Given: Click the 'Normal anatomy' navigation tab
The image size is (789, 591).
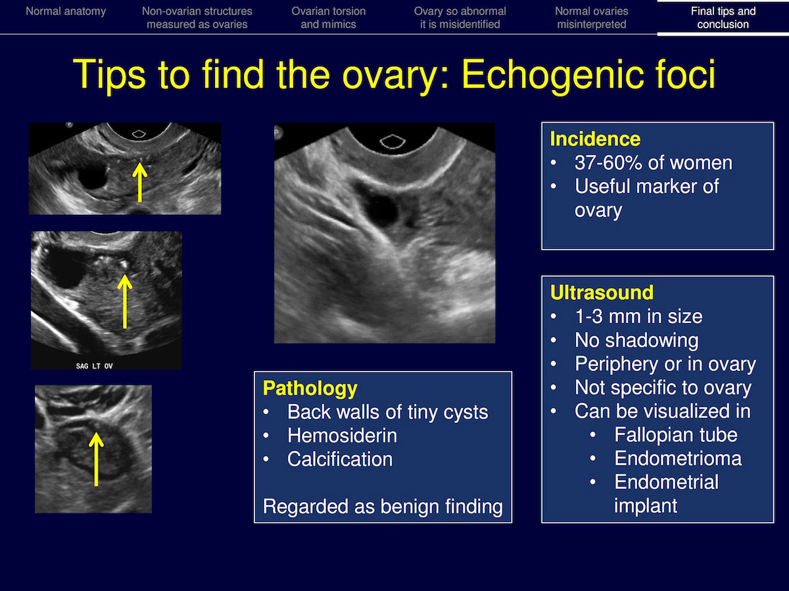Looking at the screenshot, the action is [66, 11].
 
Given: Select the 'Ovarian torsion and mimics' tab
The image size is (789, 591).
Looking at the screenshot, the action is [329, 18].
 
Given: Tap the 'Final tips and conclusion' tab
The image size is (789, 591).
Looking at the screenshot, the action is [723, 18].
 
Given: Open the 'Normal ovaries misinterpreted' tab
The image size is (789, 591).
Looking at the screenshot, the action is [592, 18].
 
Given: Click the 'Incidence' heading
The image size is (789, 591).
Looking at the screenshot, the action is [595, 139].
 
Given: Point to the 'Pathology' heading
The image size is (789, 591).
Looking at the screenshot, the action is [310, 389].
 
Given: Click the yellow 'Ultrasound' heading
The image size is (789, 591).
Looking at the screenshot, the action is [602, 292].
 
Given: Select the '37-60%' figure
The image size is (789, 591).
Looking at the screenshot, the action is [608, 163].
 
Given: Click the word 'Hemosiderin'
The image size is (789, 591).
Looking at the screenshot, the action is [342, 435].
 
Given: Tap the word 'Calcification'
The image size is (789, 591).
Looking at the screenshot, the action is [340, 459].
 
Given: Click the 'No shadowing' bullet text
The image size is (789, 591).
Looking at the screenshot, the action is [636, 340].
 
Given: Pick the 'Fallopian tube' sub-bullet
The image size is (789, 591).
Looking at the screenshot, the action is [676, 435].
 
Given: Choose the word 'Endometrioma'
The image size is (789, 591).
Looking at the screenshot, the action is [678, 458].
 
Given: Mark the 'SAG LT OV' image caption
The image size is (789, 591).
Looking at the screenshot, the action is [94, 366].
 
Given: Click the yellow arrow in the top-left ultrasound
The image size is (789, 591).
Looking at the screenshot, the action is [139, 182].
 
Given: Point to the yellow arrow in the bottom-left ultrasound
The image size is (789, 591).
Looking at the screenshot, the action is [96, 459].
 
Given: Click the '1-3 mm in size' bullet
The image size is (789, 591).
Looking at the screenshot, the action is [638, 317].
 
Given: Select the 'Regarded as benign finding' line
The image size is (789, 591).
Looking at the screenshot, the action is [383, 507].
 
